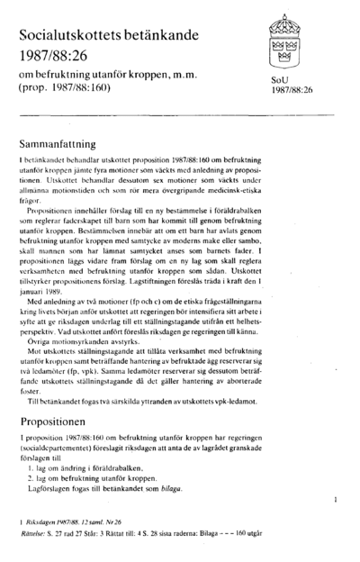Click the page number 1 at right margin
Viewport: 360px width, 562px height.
[x=335, y=496]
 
